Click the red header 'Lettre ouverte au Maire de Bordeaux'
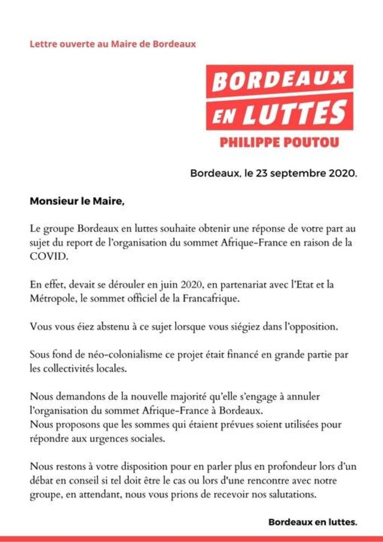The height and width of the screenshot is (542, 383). [113, 44]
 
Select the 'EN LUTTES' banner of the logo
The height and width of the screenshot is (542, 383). [279, 112]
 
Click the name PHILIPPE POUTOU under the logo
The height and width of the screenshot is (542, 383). [279, 142]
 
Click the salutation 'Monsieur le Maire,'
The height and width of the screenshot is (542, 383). [77, 201]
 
